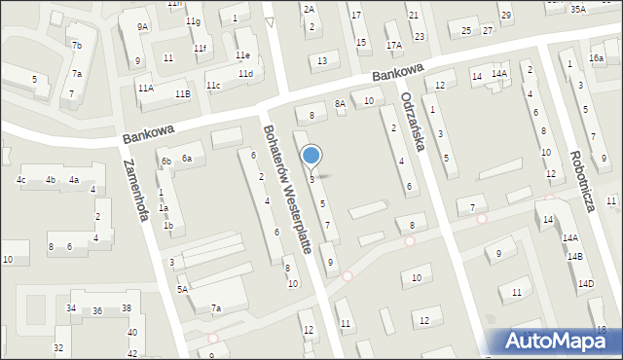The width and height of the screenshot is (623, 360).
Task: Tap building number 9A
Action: [x=142, y=27]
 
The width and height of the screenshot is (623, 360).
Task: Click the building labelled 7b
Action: [x=76, y=46]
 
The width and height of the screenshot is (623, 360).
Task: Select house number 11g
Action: [x=193, y=21]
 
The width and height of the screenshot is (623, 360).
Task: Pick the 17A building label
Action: [x=393, y=46]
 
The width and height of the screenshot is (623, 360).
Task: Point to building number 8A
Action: [x=340, y=103]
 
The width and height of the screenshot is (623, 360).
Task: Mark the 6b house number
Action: [x=166, y=162]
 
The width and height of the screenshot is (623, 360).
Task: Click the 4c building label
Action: [x=20, y=180]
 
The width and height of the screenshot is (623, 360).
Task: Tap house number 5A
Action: [x=182, y=289]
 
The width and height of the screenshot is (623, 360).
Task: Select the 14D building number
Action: [x=585, y=284]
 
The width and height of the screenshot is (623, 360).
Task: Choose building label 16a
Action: [x=596, y=58]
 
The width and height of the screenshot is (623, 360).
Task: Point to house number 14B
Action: [x=575, y=257]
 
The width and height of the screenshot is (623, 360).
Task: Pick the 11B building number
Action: [x=182, y=94]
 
